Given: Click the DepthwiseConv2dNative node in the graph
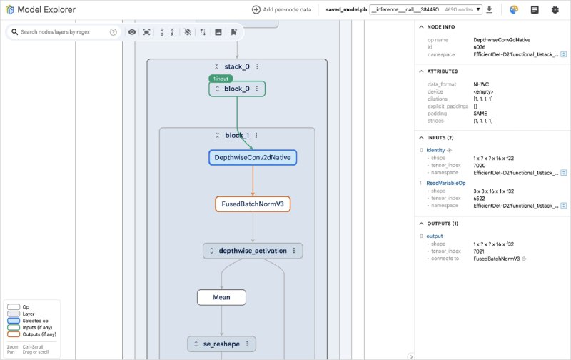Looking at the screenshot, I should tap(252, 157).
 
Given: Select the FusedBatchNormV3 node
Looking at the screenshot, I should tap(252, 204).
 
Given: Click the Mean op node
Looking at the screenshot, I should tap(221, 297).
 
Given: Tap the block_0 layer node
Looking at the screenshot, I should tap(237, 89).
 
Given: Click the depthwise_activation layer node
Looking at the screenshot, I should tap(253, 251).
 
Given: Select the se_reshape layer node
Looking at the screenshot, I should tap(222, 344).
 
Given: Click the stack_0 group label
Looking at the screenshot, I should tap(236, 66).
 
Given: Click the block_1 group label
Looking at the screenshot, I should tap(236, 135).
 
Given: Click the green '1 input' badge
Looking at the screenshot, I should tap(221, 78).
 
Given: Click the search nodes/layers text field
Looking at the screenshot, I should tap(63, 32).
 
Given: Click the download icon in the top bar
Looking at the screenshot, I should tap(489, 10).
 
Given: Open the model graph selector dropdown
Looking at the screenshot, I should tap(425, 10).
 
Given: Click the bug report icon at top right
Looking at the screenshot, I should tap(555, 10).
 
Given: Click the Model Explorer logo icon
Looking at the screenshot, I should tap(10, 10).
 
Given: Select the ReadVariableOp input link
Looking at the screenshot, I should tap(445, 183).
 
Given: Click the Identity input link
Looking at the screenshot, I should tap(435, 150).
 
